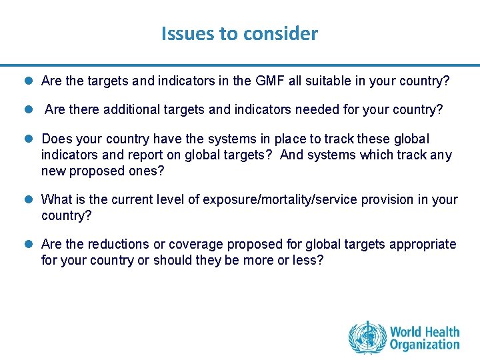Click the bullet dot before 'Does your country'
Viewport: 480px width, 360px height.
tap(30, 139)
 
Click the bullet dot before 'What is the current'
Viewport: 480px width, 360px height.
tap(30, 200)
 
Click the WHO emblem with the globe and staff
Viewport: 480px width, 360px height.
tap(367, 337)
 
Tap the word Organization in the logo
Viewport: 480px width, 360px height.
tap(425, 345)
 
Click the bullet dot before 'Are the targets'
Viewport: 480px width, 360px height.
tap(30, 82)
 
